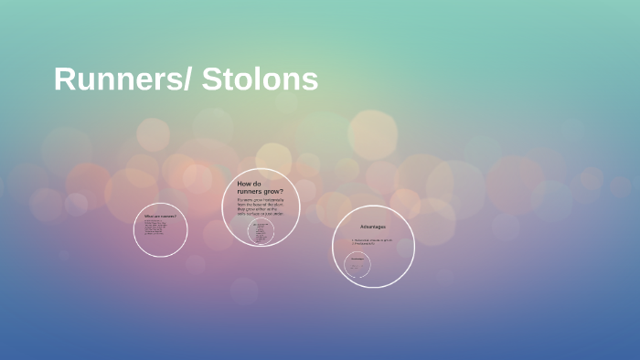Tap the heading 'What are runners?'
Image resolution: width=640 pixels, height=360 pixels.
point(160,216)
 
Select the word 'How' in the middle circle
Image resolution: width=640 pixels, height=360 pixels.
point(244,183)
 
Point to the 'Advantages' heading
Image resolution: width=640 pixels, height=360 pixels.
point(373,227)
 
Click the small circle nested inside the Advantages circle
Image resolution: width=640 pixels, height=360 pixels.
point(357,265)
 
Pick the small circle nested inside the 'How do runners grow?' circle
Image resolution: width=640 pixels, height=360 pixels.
point(261,231)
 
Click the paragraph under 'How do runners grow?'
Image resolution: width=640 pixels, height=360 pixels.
point(261,206)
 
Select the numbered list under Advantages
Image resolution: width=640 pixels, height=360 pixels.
point(372,242)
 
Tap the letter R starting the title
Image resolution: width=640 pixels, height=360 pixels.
point(63,79)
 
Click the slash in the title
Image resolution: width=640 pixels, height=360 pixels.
point(187,79)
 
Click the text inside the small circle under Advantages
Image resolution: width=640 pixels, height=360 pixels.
point(357,265)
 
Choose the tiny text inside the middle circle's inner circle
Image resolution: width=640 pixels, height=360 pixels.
point(261,232)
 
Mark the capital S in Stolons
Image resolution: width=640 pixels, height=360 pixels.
point(209,79)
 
